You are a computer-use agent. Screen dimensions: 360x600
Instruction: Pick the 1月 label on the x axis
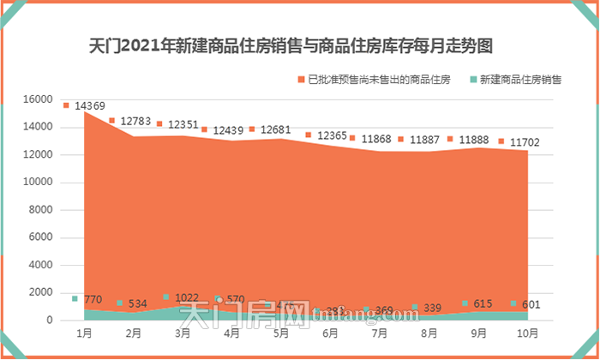(x=85, y=331)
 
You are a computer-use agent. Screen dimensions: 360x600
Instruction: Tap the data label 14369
(x=89, y=106)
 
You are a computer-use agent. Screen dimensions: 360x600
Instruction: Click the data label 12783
(x=135, y=122)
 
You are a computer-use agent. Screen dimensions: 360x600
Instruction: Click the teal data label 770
(x=93, y=299)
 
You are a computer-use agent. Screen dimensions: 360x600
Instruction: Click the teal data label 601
(x=531, y=304)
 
